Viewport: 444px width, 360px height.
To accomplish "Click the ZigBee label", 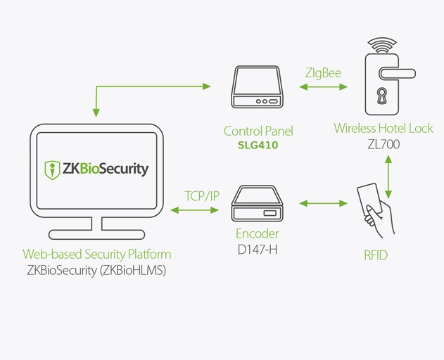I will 323,72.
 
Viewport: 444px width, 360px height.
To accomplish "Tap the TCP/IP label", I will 202,195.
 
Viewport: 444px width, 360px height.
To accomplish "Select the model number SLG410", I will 258,146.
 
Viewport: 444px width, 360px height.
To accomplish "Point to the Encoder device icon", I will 258,205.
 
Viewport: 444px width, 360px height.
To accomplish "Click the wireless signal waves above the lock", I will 382,46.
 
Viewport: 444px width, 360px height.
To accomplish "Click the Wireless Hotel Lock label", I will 383,129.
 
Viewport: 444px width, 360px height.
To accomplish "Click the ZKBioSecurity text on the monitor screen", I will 106,169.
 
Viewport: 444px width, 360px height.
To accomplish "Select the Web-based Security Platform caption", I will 96,254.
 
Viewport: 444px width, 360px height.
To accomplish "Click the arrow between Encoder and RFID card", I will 323,204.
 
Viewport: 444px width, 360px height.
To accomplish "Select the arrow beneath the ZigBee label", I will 323,87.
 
